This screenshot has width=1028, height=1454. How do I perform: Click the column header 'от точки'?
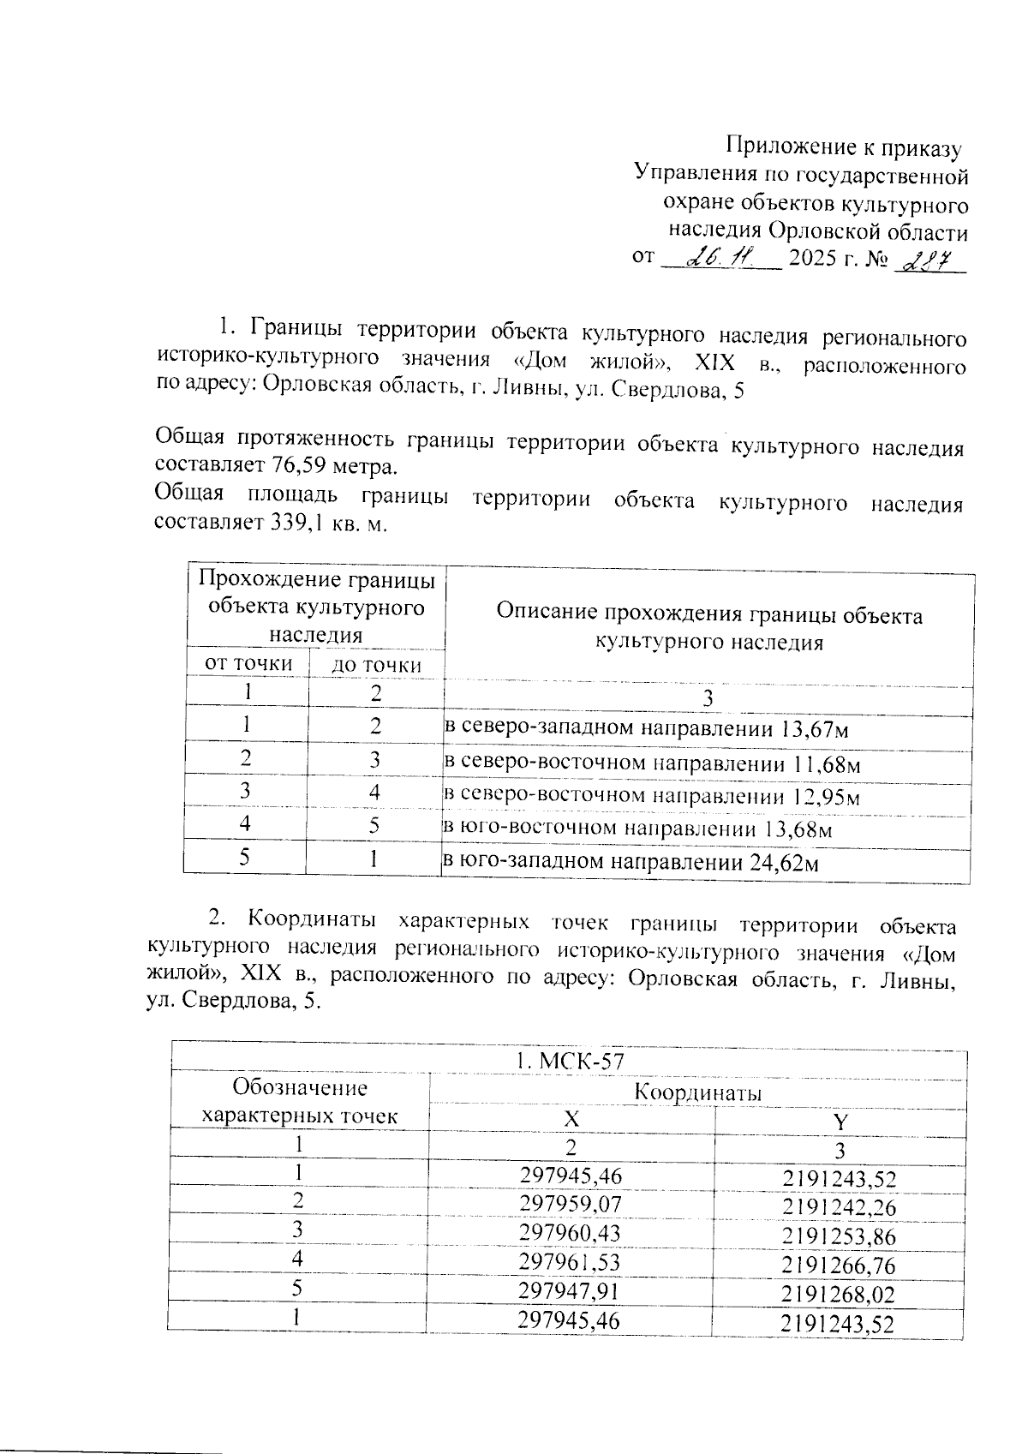248,664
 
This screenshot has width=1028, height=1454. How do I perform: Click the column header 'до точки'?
377,665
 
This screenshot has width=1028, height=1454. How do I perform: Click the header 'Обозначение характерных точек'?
299,1102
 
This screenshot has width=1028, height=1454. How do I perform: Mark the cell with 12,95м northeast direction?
651,796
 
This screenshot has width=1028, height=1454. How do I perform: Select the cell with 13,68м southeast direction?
637,829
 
